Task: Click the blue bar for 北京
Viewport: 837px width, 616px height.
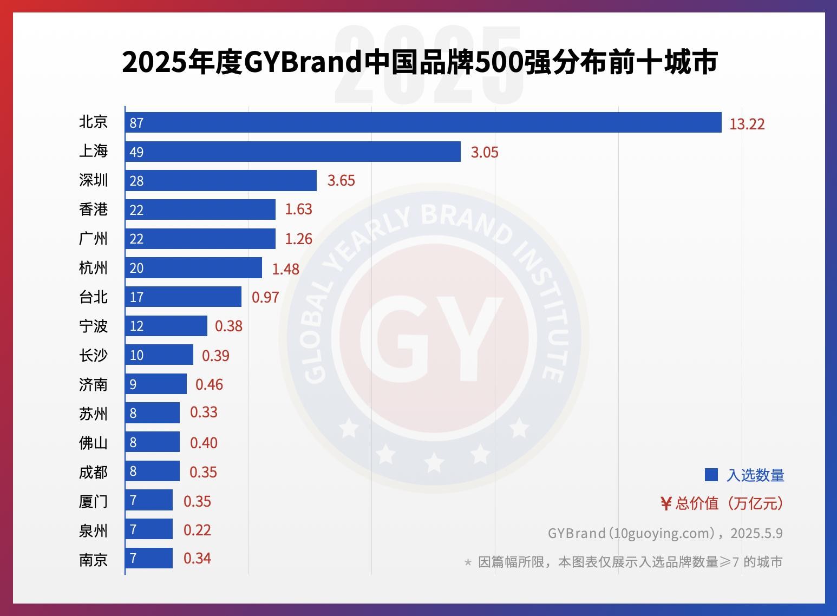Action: pyautogui.click(x=423, y=122)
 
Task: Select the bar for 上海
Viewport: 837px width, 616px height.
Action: pyautogui.click(x=292, y=152)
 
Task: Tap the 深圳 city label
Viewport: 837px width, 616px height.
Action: pyautogui.click(x=94, y=180)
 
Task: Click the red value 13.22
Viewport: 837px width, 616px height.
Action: pyautogui.click(x=747, y=124)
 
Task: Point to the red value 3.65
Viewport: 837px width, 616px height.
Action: pyautogui.click(x=341, y=180)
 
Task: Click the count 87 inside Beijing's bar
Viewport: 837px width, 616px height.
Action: pyautogui.click(x=136, y=123)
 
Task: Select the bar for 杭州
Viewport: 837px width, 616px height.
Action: pyautogui.click(x=193, y=268)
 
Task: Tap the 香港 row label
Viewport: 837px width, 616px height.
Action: pyautogui.click(x=94, y=209)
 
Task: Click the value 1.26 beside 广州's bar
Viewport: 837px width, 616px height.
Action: pyautogui.click(x=298, y=239)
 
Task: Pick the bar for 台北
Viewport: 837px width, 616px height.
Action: pyautogui.click(x=183, y=297)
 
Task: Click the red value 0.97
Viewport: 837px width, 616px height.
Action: pyautogui.click(x=265, y=297)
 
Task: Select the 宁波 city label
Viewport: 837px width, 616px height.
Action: pyautogui.click(x=94, y=326)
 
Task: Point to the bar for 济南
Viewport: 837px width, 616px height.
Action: pyautogui.click(x=156, y=384)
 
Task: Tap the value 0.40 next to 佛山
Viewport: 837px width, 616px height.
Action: pyautogui.click(x=204, y=443)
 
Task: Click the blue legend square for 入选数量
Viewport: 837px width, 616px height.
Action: pyautogui.click(x=711, y=475)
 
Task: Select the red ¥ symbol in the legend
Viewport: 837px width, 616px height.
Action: pyautogui.click(x=666, y=504)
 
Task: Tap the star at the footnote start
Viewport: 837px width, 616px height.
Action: pyautogui.click(x=468, y=562)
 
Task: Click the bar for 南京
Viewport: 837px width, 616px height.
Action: pyautogui.click(x=149, y=558)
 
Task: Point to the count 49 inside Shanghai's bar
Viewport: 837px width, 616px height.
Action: pyautogui.click(x=136, y=152)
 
